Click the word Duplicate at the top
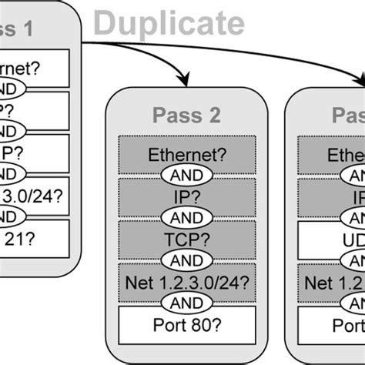(x=169, y=23)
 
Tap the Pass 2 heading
(x=189, y=116)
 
